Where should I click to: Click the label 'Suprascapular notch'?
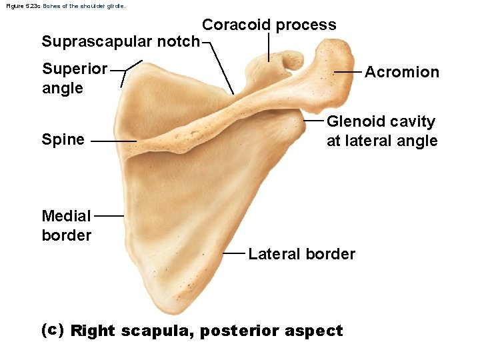click(x=120, y=41)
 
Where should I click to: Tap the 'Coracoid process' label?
click(x=269, y=25)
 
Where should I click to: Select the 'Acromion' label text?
click(x=402, y=72)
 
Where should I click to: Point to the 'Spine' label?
click(x=63, y=139)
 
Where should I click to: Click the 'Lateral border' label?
click(x=301, y=254)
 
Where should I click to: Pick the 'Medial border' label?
click(x=66, y=225)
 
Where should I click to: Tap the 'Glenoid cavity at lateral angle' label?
click(x=381, y=131)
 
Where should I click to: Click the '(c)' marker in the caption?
click(x=52, y=329)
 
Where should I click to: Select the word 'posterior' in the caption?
click(x=241, y=331)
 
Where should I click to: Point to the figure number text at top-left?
click(x=65, y=5)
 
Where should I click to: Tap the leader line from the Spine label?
click(x=113, y=141)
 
